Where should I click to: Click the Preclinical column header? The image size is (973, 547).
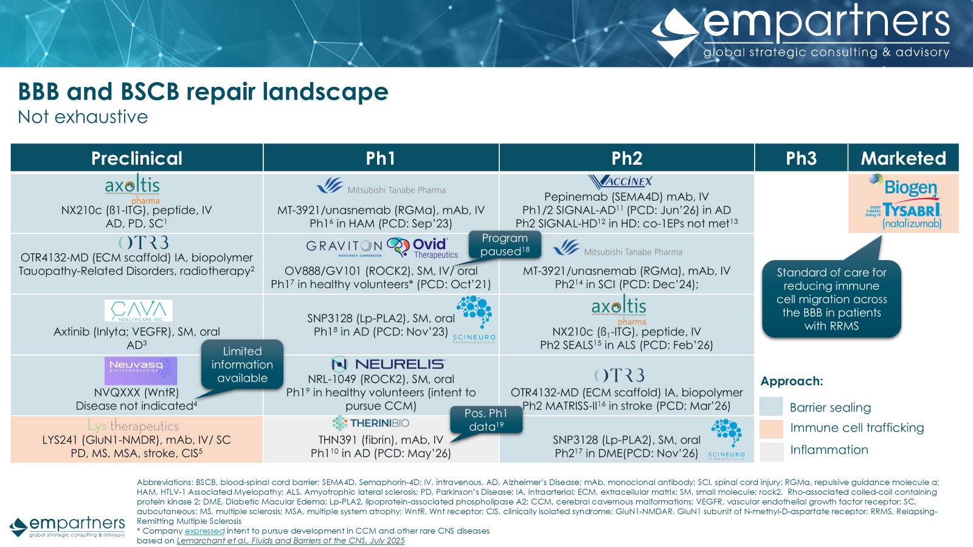137,158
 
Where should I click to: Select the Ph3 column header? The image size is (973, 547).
801,158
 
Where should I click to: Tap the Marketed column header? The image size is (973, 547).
904,158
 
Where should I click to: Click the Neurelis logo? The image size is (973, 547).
388,364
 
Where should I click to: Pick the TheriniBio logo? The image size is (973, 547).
370,423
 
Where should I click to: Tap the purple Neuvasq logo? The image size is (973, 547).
140,371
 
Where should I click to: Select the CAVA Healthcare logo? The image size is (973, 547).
139,311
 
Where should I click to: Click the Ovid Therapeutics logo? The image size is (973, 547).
422,248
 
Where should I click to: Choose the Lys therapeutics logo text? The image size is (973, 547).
133,425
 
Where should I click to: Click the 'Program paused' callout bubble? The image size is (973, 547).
505,245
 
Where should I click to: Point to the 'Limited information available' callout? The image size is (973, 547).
243,364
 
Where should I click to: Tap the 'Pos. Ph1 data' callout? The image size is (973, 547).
486,420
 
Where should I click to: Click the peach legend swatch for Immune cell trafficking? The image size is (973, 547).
771,428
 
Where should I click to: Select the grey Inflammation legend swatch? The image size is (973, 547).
771,451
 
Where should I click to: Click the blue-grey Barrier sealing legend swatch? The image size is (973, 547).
771,407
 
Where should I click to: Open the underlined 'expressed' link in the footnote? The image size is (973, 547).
204,531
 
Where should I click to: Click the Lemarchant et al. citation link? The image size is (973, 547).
291,540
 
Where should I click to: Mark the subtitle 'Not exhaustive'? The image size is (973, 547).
83,117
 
